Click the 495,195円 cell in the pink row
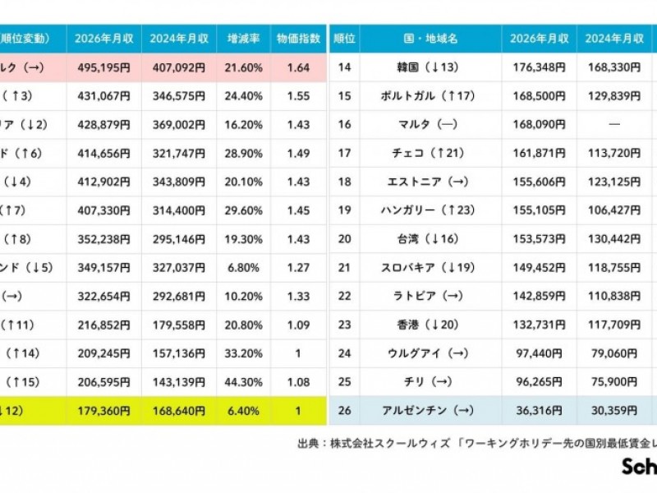point(103,67)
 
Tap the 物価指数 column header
point(297,39)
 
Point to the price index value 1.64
point(297,67)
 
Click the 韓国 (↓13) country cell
point(431,67)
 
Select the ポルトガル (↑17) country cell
point(431,96)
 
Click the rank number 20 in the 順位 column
point(344,238)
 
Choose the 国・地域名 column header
point(431,39)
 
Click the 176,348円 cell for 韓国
point(539,67)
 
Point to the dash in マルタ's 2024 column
point(614,125)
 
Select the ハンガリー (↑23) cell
point(431,210)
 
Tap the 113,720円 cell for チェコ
point(614,153)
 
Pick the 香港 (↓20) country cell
point(431,325)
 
